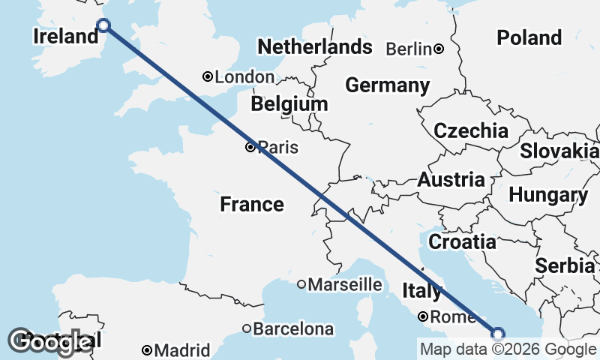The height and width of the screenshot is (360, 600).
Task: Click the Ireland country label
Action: [x=66, y=36]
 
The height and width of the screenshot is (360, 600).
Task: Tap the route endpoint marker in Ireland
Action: [x=104, y=25]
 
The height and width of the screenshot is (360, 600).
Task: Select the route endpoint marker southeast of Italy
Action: [x=498, y=334]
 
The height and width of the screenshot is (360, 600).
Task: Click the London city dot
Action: [x=208, y=76]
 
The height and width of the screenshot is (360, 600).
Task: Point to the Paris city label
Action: [x=277, y=148]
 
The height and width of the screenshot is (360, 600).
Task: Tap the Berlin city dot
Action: [x=439, y=49]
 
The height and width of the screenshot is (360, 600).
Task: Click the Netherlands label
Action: [x=314, y=46]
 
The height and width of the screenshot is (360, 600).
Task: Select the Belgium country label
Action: [x=289, y=104]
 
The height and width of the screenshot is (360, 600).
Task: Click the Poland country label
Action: [x=529, y=37]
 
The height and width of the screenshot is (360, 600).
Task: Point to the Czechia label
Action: [x=471, y=130]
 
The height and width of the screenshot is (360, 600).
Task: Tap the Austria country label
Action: [x=451, y=180]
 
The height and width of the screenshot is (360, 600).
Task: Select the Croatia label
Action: [x=462, y=241]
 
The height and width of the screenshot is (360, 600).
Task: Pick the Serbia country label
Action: [x=566, y=265]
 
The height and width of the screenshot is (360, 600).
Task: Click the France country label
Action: [x=252, y=204]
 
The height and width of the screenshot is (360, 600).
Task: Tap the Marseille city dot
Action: [x=301, y=284]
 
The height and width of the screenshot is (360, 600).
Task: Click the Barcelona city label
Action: [x=293, y=328]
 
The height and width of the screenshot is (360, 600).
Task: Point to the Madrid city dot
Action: [x=148, y=350]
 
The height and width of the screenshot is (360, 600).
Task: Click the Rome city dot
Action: [x=423, y=316]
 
